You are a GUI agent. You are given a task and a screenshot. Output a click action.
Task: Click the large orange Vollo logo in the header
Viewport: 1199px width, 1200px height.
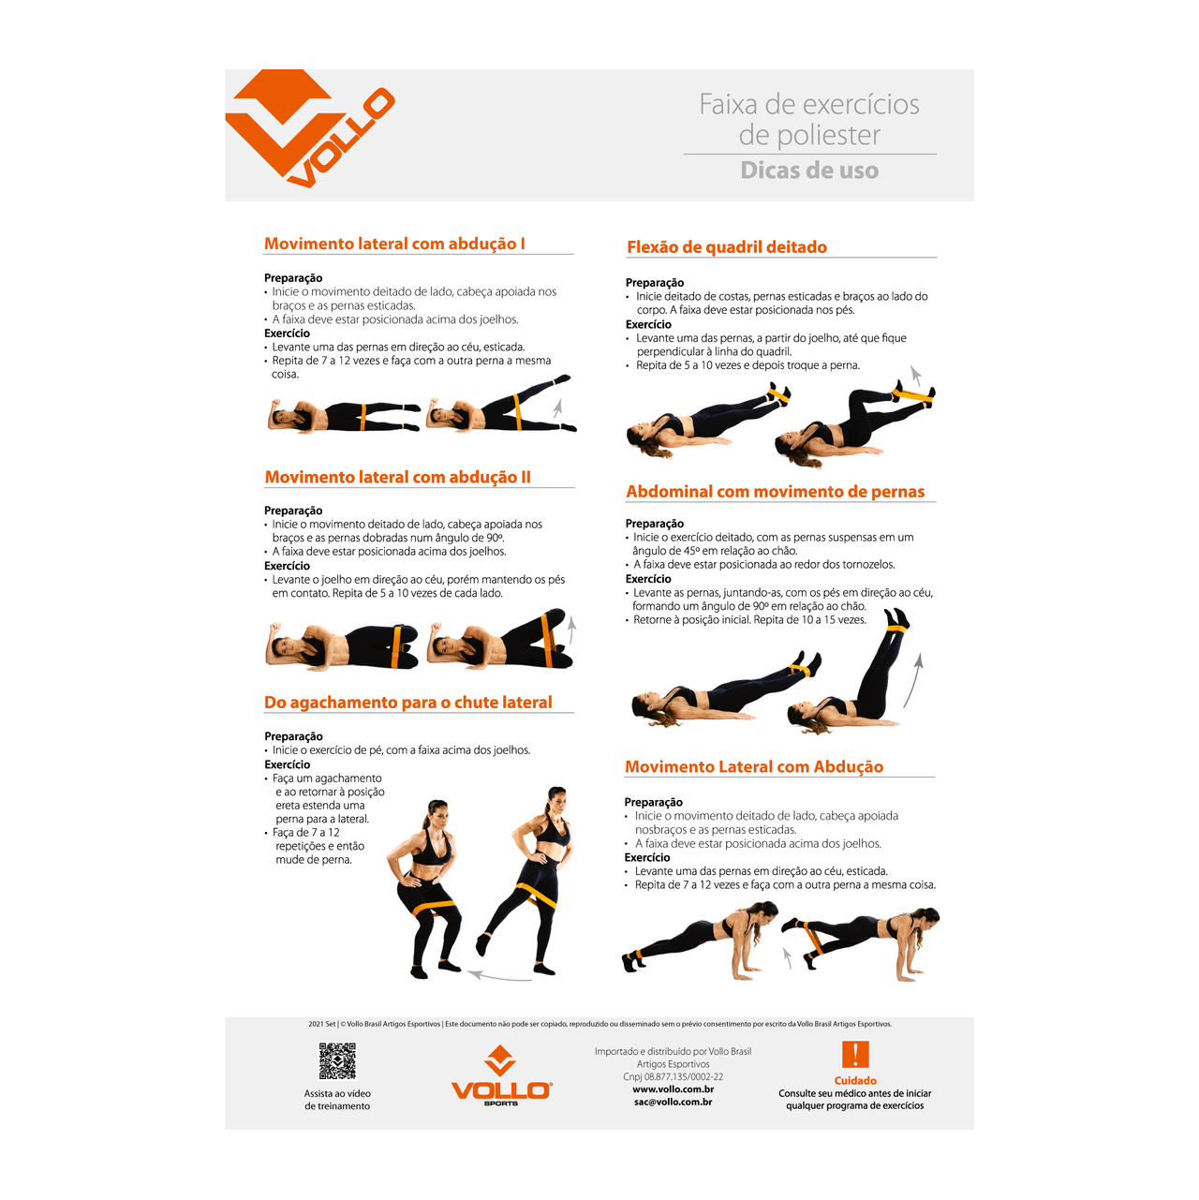tap(309, 127)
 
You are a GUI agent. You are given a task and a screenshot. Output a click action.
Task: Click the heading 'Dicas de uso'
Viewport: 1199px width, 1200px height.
tap(809, 170)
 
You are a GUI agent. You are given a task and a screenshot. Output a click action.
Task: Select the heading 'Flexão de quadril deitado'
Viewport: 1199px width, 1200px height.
tap(727, 247)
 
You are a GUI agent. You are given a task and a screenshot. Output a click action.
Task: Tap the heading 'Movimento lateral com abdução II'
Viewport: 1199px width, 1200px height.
tap(397, 477)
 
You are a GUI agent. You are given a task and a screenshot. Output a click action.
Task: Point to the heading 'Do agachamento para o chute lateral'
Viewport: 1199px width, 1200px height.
tap(408, 703)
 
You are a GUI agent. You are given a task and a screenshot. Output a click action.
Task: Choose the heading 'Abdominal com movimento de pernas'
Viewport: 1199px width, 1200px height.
tap(775, 491)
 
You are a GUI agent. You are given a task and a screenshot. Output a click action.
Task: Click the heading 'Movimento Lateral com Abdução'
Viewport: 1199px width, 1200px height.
tap(754, 766)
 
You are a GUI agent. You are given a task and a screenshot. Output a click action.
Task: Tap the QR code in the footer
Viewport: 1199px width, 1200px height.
tap(337, 1060)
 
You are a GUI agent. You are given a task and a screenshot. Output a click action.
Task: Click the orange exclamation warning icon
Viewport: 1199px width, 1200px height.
tap(855, 1054)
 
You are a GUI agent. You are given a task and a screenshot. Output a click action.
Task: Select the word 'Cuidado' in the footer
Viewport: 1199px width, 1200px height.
tap(855, 1080)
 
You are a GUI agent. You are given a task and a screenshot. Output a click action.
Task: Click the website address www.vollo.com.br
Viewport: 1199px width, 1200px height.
tap(673, 1089)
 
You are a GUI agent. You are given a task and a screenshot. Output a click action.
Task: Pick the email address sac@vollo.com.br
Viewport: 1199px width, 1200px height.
tap(673, 1102)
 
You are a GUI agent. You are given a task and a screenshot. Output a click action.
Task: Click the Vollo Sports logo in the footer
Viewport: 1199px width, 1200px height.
tap(501, 1076)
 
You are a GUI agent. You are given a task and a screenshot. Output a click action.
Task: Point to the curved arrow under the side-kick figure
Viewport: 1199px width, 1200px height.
tap(498, 976)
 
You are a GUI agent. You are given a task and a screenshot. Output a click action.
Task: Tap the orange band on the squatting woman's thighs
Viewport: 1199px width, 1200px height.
tap(435, 908)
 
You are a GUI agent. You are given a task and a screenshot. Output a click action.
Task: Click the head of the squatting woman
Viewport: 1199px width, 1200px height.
tap(437, 813)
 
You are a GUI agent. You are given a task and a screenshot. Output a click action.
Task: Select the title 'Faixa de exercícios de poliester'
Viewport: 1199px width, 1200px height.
tap(809, 119)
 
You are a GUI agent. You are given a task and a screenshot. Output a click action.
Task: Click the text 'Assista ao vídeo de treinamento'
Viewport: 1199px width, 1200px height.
tap(337, 1100)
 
